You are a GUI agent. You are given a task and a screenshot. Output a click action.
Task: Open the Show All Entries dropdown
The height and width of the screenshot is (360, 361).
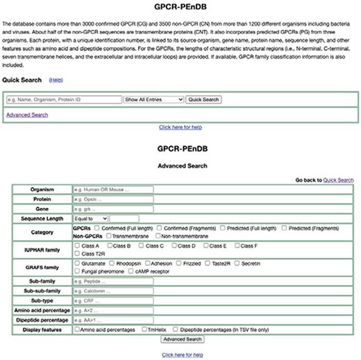(x=153, y=99)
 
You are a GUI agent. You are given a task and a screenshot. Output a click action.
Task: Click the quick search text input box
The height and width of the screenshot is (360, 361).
(x=63, y=99)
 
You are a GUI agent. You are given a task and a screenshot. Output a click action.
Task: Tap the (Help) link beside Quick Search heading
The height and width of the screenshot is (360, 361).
(x=56, y=81)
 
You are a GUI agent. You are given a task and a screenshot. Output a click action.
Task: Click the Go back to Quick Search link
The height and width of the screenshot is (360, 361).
(x=338, y=179)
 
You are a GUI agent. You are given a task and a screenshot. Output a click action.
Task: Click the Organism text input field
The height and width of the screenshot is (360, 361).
(x=112, y=189)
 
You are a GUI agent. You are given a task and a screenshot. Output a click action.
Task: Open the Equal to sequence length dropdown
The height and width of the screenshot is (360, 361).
(x=90, y=218)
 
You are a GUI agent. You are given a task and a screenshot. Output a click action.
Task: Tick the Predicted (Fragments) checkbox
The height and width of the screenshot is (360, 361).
(x=284, y=227)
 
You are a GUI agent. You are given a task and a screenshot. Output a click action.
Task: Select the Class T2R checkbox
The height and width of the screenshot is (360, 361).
(x=76, y=254)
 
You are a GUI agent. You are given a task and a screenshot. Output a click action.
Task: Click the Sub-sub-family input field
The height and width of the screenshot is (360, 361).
(x=112, y=291)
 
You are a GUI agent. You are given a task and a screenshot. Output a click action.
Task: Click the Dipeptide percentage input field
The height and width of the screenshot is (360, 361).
(x=112, y=320)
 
